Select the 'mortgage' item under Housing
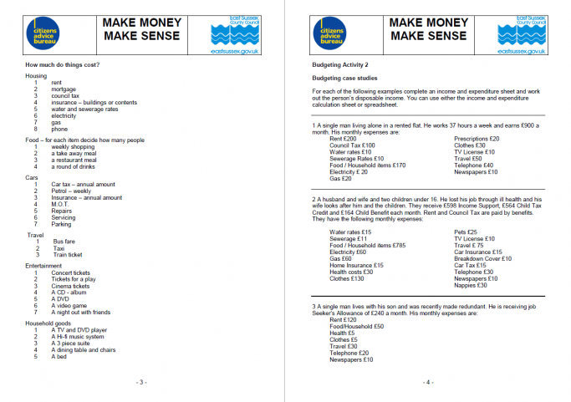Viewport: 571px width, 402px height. click(64, 89)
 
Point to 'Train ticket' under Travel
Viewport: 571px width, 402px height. click(68, 255)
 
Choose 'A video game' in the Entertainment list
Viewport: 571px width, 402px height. click(70, 306)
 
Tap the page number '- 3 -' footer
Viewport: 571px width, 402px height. click(142, 382)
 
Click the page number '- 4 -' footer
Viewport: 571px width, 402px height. click(427, 382)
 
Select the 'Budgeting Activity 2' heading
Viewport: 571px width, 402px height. click(341, 65)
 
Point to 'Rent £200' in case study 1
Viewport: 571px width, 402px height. click(344, 139)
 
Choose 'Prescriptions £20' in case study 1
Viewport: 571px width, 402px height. click(477, 139)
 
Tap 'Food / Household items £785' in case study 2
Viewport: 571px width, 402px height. click(367, 245)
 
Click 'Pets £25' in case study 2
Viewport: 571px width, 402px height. click(466, 232)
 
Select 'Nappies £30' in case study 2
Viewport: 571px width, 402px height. click(471, 285)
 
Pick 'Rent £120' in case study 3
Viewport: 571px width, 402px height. click(344, 319)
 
